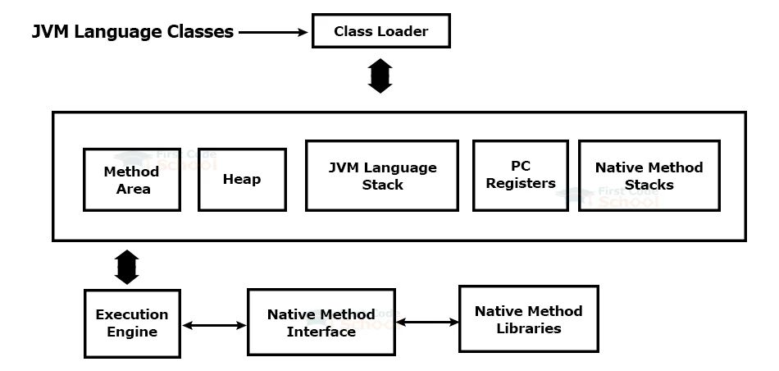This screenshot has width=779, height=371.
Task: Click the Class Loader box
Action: (380, 31)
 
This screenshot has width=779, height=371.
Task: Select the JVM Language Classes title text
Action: (133, 32)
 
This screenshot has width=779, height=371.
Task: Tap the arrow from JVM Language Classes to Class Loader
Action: (272, 33)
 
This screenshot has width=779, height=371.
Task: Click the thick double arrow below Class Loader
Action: (380, 76)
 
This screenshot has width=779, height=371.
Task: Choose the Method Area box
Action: (131, 180)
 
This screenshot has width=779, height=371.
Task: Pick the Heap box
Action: (242, 179)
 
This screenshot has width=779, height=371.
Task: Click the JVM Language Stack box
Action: (381, 176)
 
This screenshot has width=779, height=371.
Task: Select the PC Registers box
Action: (521, 175)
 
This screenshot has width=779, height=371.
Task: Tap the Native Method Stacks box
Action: (649, 176)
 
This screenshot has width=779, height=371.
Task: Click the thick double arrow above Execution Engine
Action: (126, 267)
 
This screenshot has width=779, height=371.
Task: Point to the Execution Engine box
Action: (131, 323)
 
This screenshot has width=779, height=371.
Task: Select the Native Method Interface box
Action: (321, 323)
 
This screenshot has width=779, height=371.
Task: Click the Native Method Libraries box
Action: (528, 319)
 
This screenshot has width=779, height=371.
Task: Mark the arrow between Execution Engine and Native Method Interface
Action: (213, 326)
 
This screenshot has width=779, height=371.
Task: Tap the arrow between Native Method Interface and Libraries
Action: (426, 323)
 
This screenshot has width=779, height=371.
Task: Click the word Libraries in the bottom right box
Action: (528, 328)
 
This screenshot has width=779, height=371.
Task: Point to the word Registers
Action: (521, 184)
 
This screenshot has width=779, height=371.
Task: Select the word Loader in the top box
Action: (403, 32)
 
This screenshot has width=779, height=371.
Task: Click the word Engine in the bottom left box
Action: (131, 332)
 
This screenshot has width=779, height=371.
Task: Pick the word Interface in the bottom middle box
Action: (321, 332)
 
